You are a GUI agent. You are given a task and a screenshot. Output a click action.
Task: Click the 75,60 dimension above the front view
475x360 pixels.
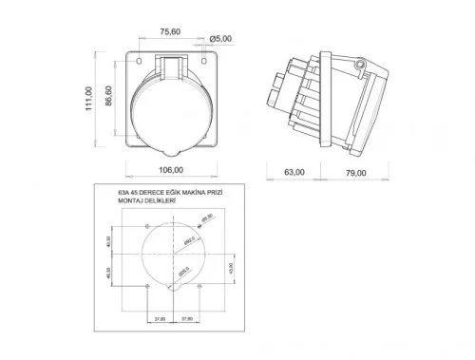(171, 32)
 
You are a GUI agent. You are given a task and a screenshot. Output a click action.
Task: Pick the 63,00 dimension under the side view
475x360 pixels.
(294, 172)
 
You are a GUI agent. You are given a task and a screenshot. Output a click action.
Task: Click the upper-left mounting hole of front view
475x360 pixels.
(139, 58)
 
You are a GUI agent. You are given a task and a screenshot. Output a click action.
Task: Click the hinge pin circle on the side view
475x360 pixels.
(359, 65)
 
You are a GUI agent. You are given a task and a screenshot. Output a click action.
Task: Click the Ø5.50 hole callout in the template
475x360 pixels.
(207, 218)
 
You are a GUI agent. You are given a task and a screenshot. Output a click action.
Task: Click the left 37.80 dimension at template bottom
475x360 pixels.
(160, 319)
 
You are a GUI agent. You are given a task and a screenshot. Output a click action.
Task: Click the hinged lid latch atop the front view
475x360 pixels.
(173, 67)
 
